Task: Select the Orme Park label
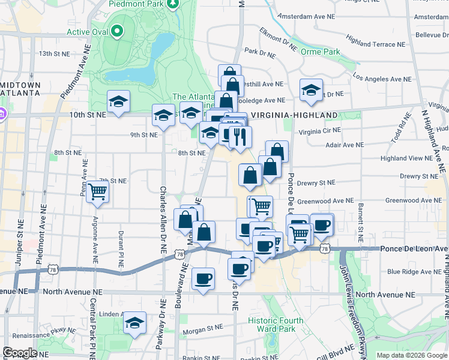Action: click(321, 52)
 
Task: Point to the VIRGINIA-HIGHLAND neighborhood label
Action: click(294, 115)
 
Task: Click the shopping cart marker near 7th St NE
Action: click(97, 192)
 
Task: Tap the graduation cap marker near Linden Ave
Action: click(135, 323)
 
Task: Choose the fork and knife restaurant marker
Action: click(240, 137)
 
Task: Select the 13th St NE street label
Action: click(55, 53)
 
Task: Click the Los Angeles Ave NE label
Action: click(382, 79)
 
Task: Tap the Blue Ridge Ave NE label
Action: click(411, 272)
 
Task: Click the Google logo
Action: click(20, 353)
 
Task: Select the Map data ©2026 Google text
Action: click(411, 355)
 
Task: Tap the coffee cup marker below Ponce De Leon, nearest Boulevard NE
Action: click(203, 278)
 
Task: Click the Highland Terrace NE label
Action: click(375, 44)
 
